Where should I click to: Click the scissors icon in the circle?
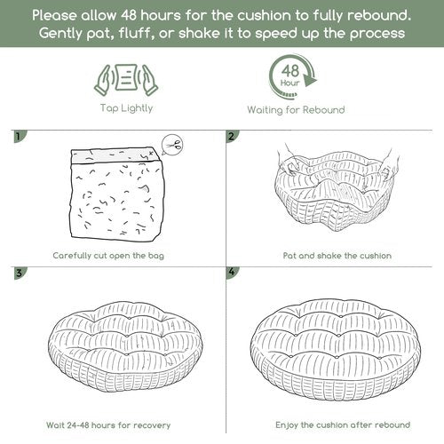[174, 145]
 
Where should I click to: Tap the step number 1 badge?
[20, 136]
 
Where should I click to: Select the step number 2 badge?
[232, 136]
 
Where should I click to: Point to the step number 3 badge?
[20, 273]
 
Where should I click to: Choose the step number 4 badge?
[232, 273]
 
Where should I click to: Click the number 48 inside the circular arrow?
[290, 71]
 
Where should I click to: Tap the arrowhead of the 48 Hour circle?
[310, 79]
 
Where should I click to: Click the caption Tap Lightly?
[126, 108]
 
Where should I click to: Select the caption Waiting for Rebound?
[296, 110]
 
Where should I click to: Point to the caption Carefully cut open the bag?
[108, 256]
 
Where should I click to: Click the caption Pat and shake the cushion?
[337, 256]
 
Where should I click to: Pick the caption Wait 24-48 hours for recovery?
[108, 425]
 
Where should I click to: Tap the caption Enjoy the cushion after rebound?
[343, 425]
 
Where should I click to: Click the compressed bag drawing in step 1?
[116, 194]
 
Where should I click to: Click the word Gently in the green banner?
[60, 34]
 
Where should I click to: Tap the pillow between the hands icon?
[126, 77]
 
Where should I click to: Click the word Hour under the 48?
[290, 83]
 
